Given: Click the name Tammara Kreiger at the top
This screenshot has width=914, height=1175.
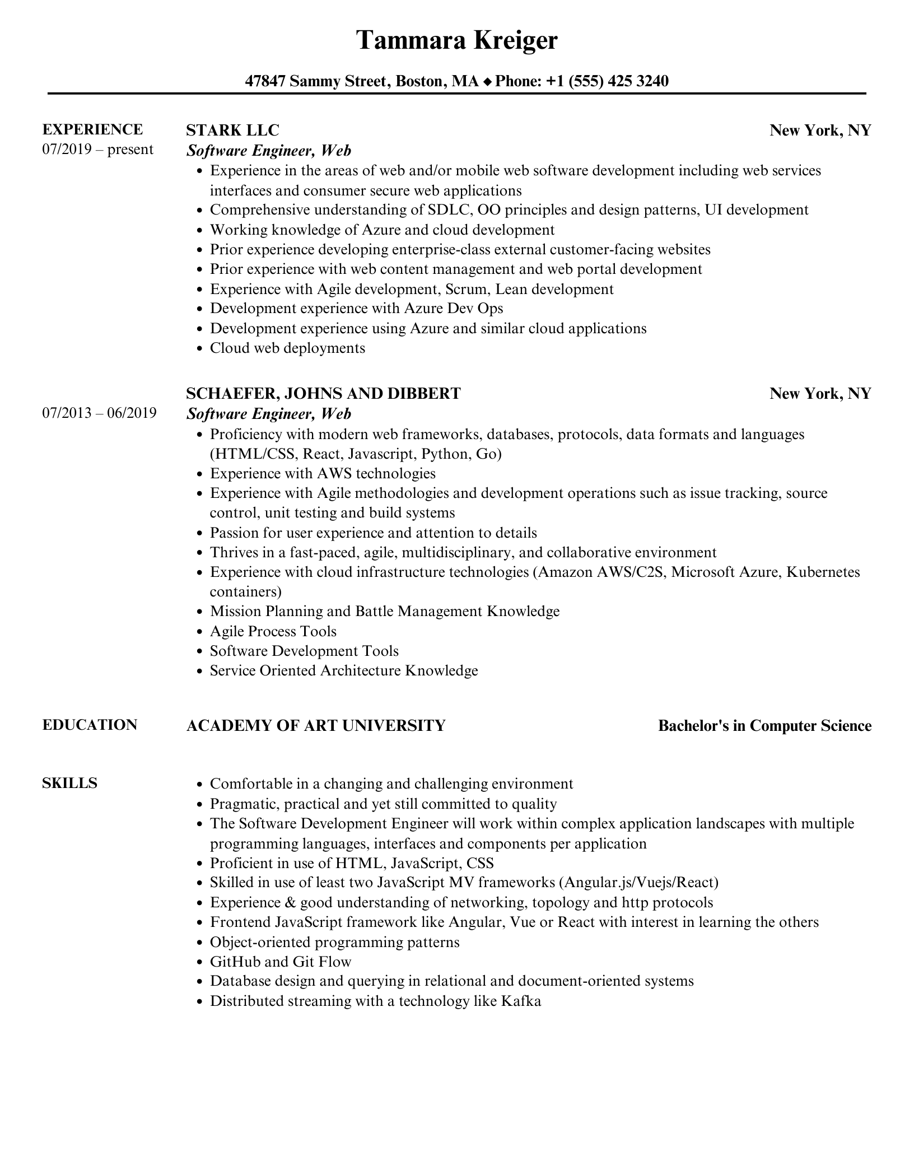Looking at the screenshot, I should tap(457, 40).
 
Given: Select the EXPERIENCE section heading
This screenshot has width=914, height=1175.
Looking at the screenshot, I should tap(92, 129).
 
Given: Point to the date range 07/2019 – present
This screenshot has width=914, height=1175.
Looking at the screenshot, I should tap(97, 150).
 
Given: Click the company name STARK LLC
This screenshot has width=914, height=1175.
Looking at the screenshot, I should tap(232, 130).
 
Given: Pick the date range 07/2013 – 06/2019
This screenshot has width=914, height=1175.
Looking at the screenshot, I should tap(99, 413).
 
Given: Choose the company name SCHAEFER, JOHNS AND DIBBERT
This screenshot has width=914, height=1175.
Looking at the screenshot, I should tap(323, 393).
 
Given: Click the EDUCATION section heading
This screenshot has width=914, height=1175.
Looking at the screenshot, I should tap(90, 725).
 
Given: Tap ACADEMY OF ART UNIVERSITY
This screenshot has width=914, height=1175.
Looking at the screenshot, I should tap(315, 725).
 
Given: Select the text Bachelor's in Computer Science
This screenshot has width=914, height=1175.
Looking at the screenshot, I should tap(764, 726).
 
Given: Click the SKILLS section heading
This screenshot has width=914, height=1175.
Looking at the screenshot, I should tap(69, 783).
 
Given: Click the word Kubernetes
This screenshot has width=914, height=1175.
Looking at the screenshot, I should tap(823, 572).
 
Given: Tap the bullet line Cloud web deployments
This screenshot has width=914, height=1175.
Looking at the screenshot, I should tap(287, 348).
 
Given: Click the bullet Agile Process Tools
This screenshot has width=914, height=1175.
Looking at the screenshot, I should tap(273, 631).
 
